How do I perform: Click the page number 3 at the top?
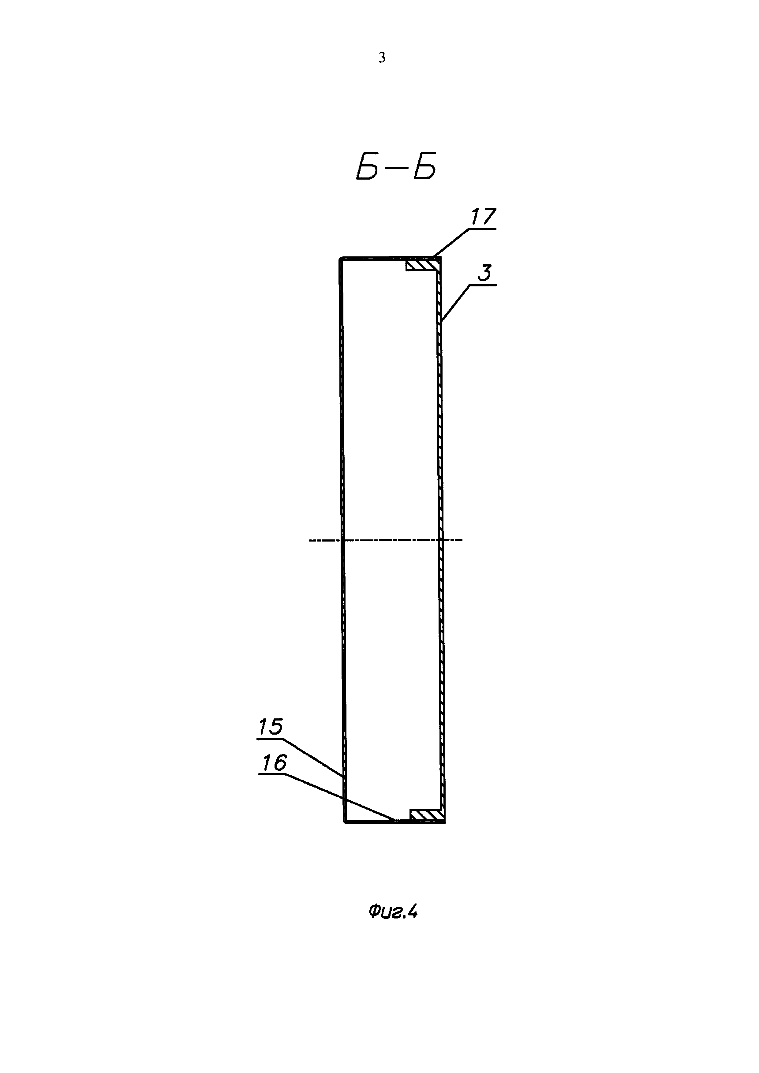(x=382, y=58)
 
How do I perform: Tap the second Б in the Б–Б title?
(x=424, y=167)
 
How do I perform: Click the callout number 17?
(x=483, y=217)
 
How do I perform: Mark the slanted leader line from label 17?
(x=451, y=242)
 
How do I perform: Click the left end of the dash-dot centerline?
(x=310, y=540)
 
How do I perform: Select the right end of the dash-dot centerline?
(x=461, y=540)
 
